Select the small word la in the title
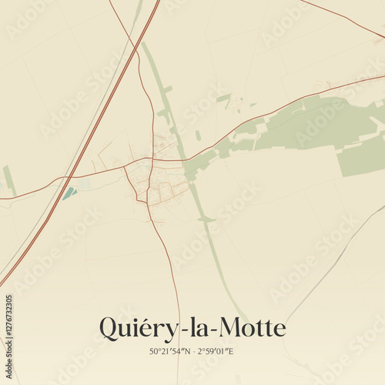click(196, 328)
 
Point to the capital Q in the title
click(110, 329)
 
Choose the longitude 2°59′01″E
click(216, 352)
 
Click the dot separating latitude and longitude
click(193, 352)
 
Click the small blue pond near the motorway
click(69, 192)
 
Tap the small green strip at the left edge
click(9, 179)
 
